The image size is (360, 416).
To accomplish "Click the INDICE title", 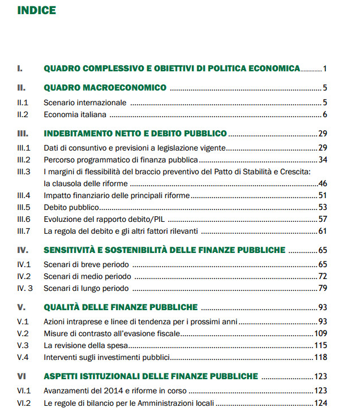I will click(37, 10).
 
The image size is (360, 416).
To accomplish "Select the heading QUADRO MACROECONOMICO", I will click(105, 88).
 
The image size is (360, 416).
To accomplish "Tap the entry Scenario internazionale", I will click(85, 103).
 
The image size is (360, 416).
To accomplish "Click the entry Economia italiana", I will click(75, 115).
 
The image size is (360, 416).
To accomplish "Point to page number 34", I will click(323, 160).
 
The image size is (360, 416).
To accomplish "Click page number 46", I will click(323, 183).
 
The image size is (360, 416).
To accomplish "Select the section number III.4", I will click(24, 195).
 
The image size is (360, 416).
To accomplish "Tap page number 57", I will click(323, 219).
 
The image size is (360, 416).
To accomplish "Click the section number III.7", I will click(24, 231).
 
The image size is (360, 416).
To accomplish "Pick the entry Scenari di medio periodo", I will click(88, 276).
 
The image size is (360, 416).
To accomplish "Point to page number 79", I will click(323, 289).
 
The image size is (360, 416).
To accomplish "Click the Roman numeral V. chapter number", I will click(21, 307).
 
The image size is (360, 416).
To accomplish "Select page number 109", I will click(321, 334).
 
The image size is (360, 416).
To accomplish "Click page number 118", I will click(321, 357).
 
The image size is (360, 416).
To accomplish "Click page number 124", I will click(321, 404).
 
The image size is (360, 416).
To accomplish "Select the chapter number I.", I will click(20, 68).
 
